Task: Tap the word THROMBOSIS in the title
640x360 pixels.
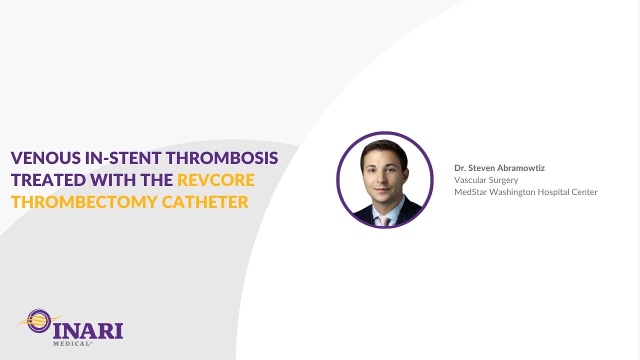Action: click(222, 158)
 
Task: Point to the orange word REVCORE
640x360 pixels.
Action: click(216, 180)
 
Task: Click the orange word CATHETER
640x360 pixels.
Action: click(205, 202)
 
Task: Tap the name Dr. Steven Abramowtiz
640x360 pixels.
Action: click(499, 168)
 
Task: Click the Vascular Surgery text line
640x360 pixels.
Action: click(486, 180)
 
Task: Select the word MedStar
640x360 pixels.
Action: click(469, 192)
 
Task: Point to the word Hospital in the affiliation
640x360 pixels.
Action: click(552, 192)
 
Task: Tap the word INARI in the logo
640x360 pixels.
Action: click(88, 330)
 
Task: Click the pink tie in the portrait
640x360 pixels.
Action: click(383, 220)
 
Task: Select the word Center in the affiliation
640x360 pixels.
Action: click(584, 192)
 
